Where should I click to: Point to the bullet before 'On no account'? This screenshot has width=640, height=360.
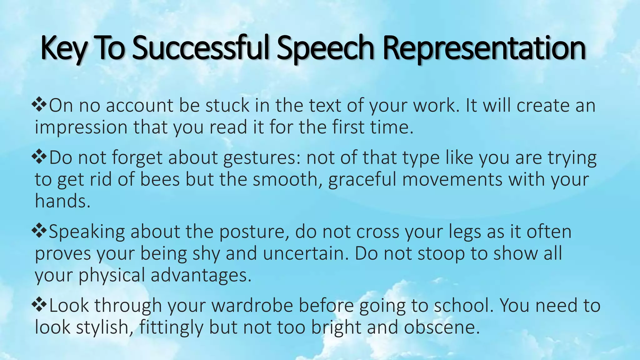point(39,105)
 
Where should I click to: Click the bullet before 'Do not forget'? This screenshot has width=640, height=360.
point(39,157)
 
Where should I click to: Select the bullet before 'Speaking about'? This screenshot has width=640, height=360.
point(39,231)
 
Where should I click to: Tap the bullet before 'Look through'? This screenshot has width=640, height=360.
point(39,305)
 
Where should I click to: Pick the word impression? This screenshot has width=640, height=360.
point(81,128)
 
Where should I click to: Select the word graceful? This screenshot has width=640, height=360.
point(362,180)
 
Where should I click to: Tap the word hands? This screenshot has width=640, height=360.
point(62,201)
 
